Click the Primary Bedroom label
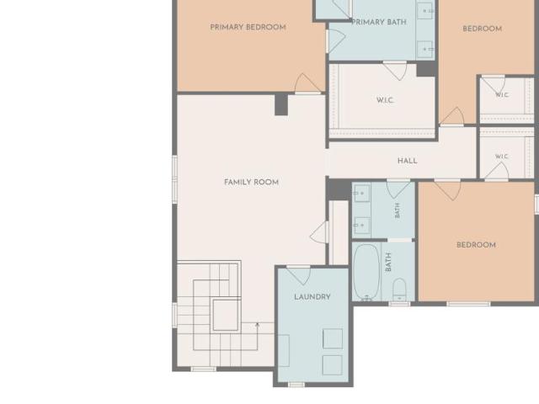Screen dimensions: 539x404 click(x=248, y=27)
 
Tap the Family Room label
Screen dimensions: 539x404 click(x=251, y=182)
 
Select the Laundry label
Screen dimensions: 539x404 click(x=312, y=297)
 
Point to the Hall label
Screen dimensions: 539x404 click(x=408, y=161)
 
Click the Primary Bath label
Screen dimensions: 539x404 click(x=379, y=22)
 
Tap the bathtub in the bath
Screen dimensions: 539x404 click(x=366, y=271)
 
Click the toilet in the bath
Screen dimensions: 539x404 click(x=399, y=290)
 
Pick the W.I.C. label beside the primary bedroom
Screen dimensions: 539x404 click(x=385, y=100)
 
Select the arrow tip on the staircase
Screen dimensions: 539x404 click(x=257, y=323)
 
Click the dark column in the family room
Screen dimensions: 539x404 click(x=281, y=104)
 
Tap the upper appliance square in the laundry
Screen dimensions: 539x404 click(x=333, y=338)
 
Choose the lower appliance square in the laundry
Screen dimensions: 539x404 click(x=333, y=365)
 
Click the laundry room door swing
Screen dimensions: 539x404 click(x=299, y=275)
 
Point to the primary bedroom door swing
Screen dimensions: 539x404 click(x=307, y=83)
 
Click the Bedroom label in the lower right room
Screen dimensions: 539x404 click(x=476, y=245)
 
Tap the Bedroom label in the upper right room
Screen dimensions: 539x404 click(x=483, y=29)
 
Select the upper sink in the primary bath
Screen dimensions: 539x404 click(x=425, y=11)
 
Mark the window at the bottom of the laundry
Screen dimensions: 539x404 click(x=296, y=385)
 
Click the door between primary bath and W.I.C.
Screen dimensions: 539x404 click(x=395, y=71)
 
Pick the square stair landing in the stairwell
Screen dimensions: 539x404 click(x=226, y=315)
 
